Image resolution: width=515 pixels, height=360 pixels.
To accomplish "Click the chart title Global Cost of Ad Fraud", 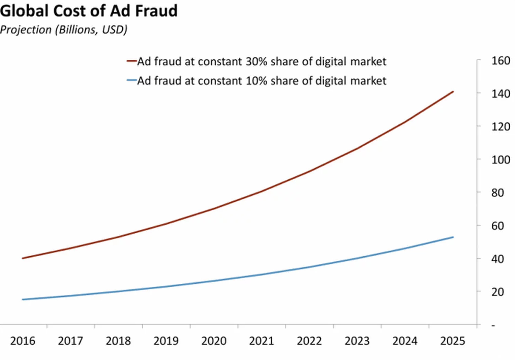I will (89, 11).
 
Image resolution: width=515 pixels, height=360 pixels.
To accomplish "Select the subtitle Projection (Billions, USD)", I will (64, 30).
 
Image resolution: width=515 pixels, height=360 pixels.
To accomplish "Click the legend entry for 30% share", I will (262, 61).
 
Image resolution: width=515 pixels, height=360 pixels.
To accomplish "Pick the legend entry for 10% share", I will (262, 81).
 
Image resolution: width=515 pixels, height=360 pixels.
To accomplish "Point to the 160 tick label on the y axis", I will (500, 61).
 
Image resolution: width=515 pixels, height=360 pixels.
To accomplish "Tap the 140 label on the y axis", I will (500, 94).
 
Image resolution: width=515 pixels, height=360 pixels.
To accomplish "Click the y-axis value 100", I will (500, 160).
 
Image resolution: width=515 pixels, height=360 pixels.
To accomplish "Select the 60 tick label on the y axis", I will (497, 226).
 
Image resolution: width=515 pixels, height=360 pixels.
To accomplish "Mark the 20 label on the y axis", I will (497, 292).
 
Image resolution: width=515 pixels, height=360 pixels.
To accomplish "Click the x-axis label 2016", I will (23, 341).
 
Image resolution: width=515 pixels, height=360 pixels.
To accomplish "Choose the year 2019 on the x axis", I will (166, 341).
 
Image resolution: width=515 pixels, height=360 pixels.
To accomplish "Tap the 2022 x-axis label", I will (309, 341).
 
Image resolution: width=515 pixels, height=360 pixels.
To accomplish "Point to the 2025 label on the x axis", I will (453, 341).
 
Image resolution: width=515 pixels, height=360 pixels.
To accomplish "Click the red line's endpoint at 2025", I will (453, 92).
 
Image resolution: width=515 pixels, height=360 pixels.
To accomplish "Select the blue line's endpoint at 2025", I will (453, 237).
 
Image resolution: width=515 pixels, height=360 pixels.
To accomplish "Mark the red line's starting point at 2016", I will (23, 258).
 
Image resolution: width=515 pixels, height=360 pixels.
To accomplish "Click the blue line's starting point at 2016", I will (23, 300).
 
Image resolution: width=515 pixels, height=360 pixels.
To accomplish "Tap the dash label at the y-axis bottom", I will (493, 325).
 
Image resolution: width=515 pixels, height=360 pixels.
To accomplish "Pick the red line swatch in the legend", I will (132, 61).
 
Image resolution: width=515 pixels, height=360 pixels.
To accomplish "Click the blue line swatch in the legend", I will (132, 81).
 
